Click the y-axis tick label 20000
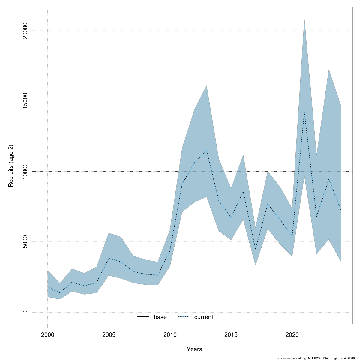(25, 31)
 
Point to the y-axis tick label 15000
(25, 101)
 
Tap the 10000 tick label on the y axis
(25, 171)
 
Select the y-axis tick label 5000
(25, 242)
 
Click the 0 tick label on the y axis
(25, 312)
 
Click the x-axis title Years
(194, 349)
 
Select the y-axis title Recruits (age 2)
(11, 166)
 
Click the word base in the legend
(160, 317)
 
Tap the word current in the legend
(204, 317)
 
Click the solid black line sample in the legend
(143, 317)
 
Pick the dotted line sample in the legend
(184, 317)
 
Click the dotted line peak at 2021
(304, 112)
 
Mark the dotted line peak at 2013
(206, 151)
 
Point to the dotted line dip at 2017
(255, 249)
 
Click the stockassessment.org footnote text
(318, 358)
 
